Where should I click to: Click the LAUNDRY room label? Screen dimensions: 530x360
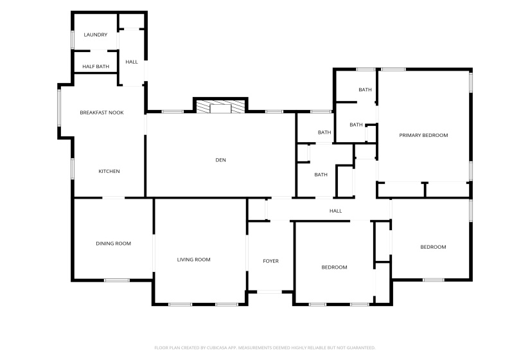coord(95,35)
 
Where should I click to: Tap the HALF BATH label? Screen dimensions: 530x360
coord(96,66)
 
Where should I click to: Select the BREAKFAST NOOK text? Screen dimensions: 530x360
coord(102,113)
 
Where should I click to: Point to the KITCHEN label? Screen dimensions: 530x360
coord(109,171)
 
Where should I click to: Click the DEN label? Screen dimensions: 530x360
coord(221,160)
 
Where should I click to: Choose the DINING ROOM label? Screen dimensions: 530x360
coord(113,243)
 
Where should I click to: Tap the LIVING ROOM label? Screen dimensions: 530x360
coord(193,260)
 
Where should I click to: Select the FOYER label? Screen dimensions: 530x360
coord(270,261)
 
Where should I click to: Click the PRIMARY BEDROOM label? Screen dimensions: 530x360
coord(423,135)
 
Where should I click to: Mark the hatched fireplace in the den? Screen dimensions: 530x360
coord(220,107)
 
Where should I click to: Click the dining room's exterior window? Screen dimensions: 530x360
coord(117,280)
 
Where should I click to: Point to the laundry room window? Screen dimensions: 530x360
coord(73,40)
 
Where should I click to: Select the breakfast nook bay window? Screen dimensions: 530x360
coord(59,107)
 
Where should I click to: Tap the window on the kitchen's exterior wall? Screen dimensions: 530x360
coord(73,169)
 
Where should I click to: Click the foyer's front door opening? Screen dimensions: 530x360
coord(269,292)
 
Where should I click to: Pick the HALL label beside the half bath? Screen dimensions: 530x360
coord(132,62)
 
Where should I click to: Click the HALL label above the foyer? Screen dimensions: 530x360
coord(335,211)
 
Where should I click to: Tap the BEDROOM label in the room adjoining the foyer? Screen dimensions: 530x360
coord(334,267)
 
